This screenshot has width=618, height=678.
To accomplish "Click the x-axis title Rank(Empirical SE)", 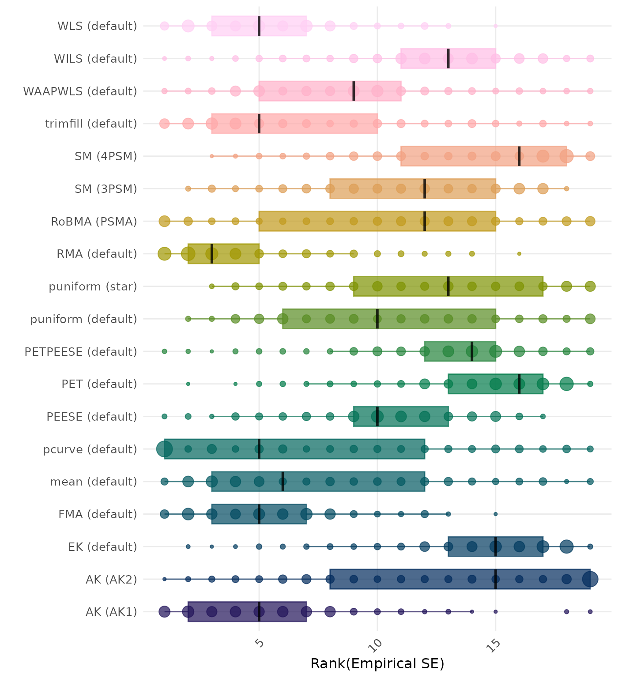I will [x=377, y=663].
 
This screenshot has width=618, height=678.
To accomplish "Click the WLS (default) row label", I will [x=97, y=26].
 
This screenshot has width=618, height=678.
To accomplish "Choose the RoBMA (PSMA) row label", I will [x=94, y=221].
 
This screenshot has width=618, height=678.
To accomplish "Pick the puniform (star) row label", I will [x=93, y=286].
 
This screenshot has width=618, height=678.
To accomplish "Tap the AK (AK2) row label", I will [x=111, y=579].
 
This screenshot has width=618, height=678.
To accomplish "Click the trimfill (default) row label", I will [x=91, y=124].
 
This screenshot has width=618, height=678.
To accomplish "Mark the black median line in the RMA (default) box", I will [x=212, y=254].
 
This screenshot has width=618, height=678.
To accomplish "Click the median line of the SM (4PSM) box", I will [x=519, y=156].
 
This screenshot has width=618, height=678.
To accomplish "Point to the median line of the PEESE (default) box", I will [x=377, y=416].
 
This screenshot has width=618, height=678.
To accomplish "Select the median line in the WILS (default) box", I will [x=448, y=58].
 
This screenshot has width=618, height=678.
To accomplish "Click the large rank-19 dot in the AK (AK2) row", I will [x=590, y=579].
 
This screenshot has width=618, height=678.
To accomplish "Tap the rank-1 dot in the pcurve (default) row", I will [x=165, y=449].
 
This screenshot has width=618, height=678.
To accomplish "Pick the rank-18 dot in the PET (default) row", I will [x=566, y=384].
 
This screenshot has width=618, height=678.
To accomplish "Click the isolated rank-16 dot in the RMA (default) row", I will [x=519, y=254].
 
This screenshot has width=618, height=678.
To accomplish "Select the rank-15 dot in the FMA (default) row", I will [x=495, y=514].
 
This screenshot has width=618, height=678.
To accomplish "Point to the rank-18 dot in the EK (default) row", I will [x=566, y=546].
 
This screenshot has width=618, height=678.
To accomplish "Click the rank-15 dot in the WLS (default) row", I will [x=495, y=26].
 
